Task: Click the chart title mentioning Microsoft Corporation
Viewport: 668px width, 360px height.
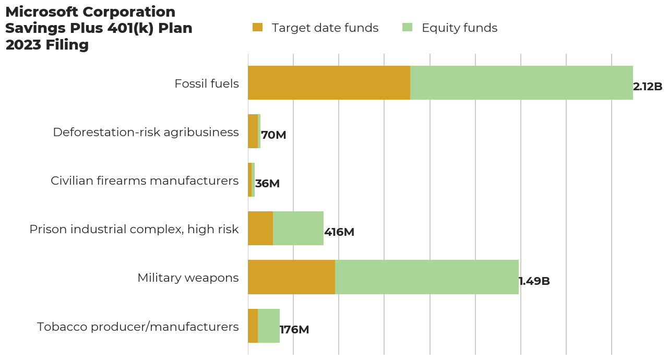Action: pyautogui.click(x=99, y=29)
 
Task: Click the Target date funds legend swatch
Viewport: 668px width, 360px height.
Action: pyautogui.click(x=257, y=28)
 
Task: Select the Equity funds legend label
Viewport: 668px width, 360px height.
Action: pyautogui.click(x=459, y=28)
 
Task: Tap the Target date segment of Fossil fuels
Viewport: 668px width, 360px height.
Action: pyautogui.click(x=329, y=83)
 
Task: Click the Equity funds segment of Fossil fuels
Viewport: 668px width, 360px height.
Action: pyautogui.click(x=521, y=83)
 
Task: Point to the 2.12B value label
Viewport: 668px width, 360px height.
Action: pyautogui.click(x=648, y=87)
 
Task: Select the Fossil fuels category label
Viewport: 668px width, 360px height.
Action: pyautogui.click(x=207, y=83)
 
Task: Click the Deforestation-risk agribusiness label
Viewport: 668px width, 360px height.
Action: pyautogui.click(x=146, y=132)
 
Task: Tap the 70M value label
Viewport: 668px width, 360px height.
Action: pyautogui.click(x=273, y=135)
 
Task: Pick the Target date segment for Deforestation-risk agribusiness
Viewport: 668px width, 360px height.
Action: pyautogui.click(x=253, y=131)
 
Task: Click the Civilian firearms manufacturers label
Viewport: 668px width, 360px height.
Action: pyautogui.click(x=145, y=181)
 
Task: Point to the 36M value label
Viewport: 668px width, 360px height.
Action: pyautogui.click(x=267, y=184)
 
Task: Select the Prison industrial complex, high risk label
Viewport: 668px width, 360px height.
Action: pyautogui.click(x=134, y=229)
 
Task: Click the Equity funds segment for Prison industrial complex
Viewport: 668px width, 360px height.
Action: pyautogui.click(x=298, y=229)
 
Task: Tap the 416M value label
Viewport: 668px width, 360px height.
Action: pyautogui.click(x=339, y=232)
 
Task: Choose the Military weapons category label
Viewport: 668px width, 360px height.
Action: pyautogui.click(x=188, y=278)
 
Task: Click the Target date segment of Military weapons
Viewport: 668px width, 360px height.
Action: pyautogui.click(x=291, y=277)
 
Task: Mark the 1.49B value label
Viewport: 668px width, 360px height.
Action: pyautogui.click(x=534, y=281)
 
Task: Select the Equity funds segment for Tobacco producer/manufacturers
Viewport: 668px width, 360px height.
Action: pyautogui.click(x=268, y=326)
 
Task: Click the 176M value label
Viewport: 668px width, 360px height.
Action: pyautogui.click(x=294, y=330)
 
